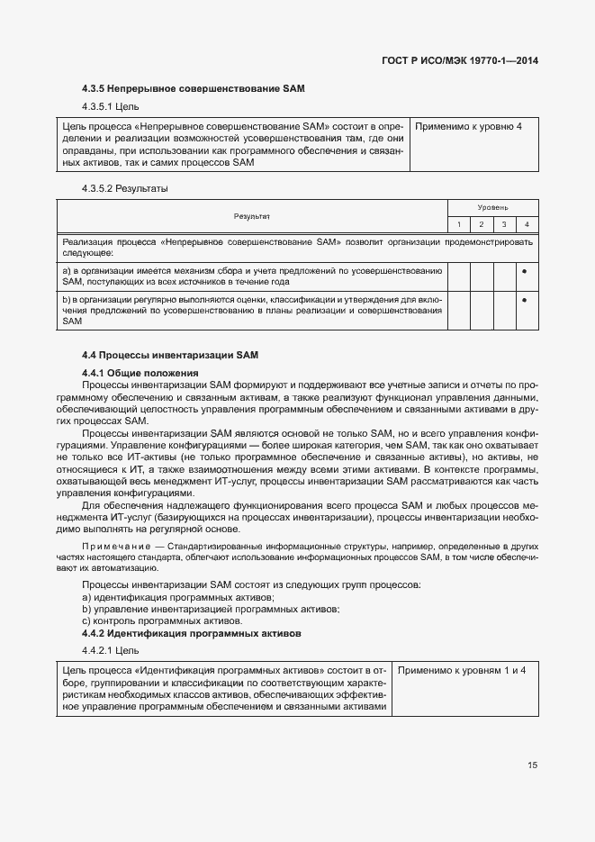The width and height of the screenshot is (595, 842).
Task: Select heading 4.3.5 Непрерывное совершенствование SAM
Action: pyautogui.click(x=194, y=89)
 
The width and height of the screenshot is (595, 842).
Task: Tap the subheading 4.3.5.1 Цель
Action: pyautogui.click(x=111, y=107)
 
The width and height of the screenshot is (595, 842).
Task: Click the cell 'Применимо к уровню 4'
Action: pyautogui.click(x=468, y=126)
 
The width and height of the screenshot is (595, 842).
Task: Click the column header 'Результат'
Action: pyautogui.click(x=252, y=216)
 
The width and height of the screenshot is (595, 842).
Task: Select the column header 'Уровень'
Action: pyautogui.click(x=492, y=207)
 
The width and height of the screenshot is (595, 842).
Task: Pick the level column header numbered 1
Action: pyautogui.click(x=459, y=224)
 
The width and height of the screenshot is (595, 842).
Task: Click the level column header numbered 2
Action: pyautogui.click(x=482, y=224)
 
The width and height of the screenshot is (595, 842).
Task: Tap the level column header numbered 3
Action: pyautogui.click(x=503, y=224)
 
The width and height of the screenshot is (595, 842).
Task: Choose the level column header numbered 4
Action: pyautogui.click(x=526, y=224)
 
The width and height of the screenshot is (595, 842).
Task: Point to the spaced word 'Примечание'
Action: pyautogui.click(x=115, y=547)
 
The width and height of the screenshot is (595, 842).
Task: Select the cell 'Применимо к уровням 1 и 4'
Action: pyautogui.click(x=462, y=671)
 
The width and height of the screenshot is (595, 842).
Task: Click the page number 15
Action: pyautogui.click(x=532, y=765)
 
